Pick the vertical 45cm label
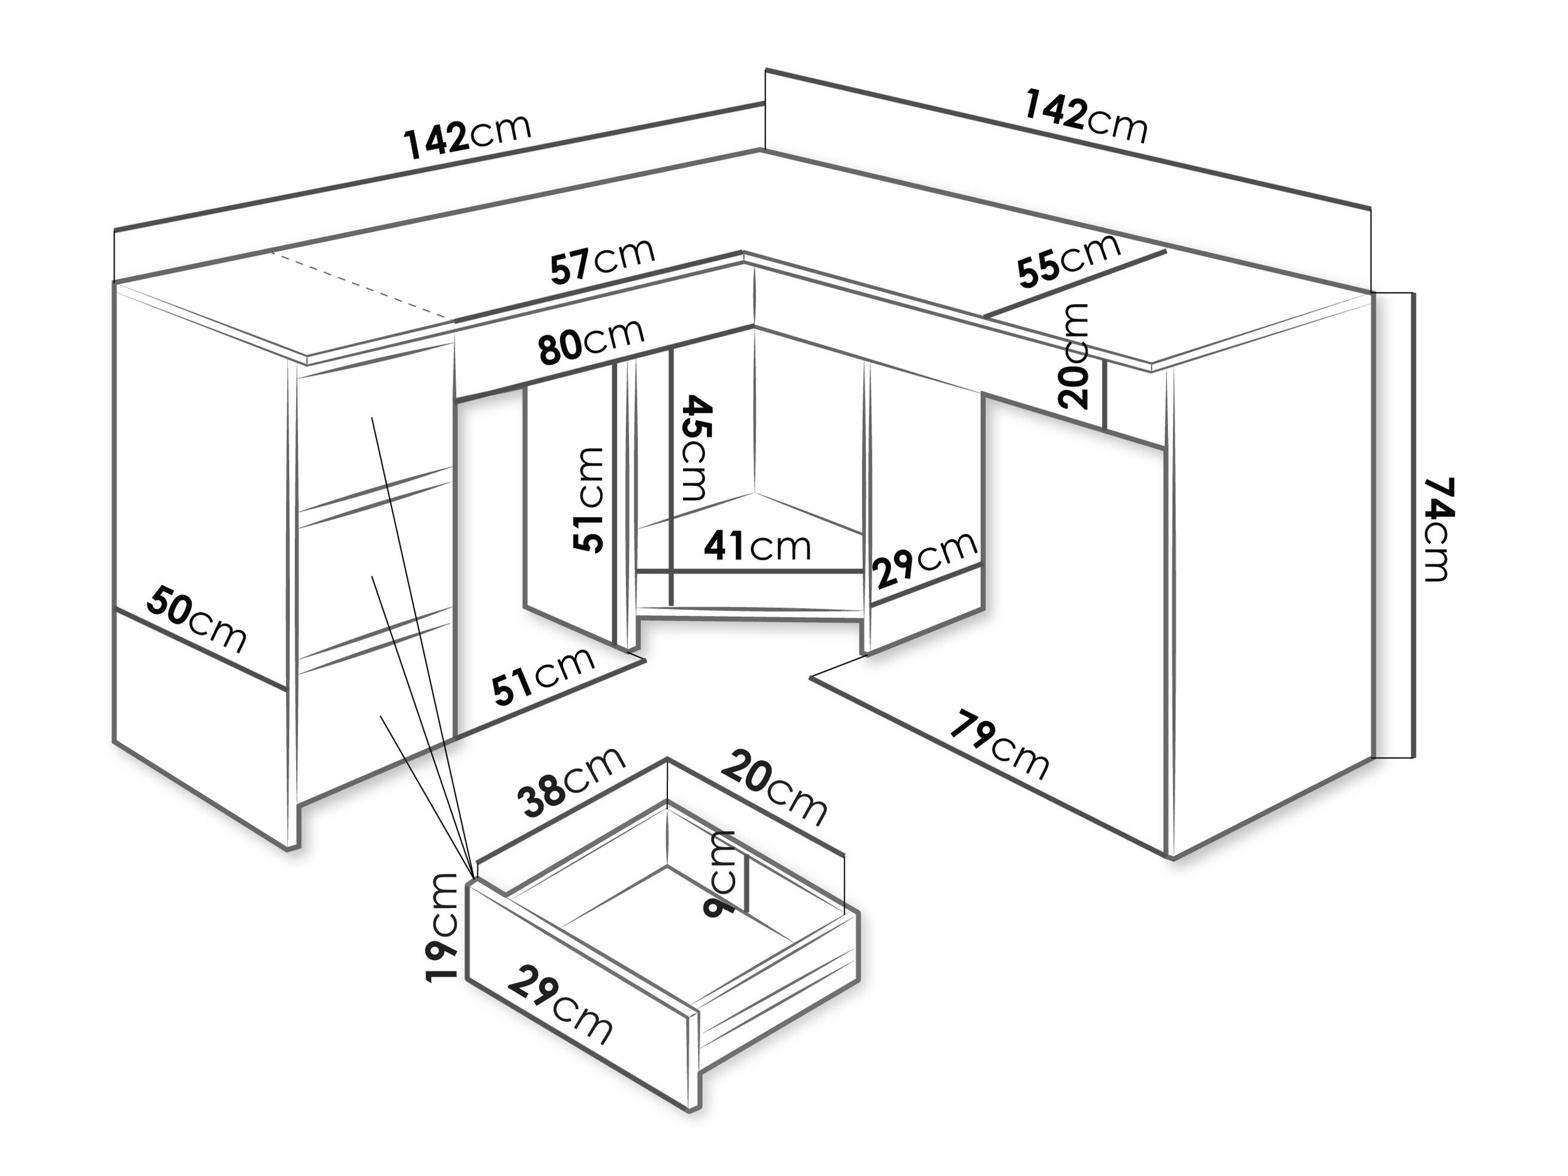click(x=693, y=448)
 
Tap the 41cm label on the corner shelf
click(x=757, y=546)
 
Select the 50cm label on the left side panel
click(x=196, y=619)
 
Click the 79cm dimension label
click(x=999, y=744)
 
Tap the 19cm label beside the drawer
click(x=444, y=927)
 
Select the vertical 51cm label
click(x=589, y=500)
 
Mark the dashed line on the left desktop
click(x=362, y=285)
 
